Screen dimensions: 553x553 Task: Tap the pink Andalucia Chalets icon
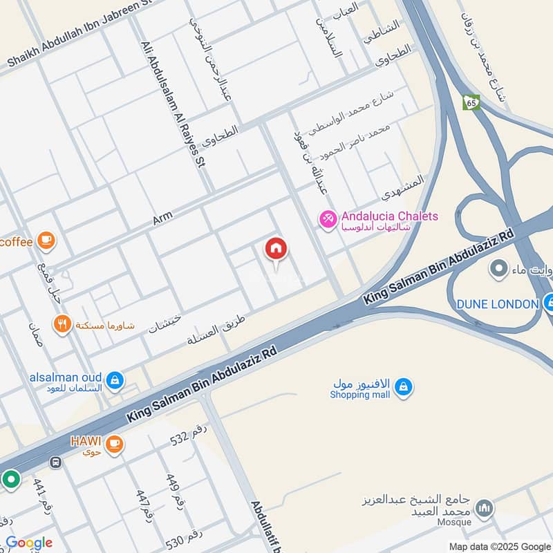[x=327, y=219]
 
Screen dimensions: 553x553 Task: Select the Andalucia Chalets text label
[x=389, y=216]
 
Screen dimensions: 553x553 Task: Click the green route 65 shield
[x=471, y=102]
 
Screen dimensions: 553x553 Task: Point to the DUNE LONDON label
[x=497, y=304]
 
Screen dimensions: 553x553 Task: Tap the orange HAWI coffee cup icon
[x=115, y=443]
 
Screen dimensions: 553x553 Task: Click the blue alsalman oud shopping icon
[x=115, y=379]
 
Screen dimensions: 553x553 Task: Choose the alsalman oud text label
[x=66, y=378]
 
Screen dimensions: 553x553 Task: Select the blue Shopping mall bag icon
[x=404, y=388]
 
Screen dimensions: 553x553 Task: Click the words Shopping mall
[x=359, y=395]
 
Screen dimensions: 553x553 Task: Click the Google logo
[x=29, y=543]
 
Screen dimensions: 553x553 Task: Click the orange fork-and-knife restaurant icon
[x=63, y=324]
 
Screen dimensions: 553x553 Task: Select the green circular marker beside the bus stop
[x=10, y=478]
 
